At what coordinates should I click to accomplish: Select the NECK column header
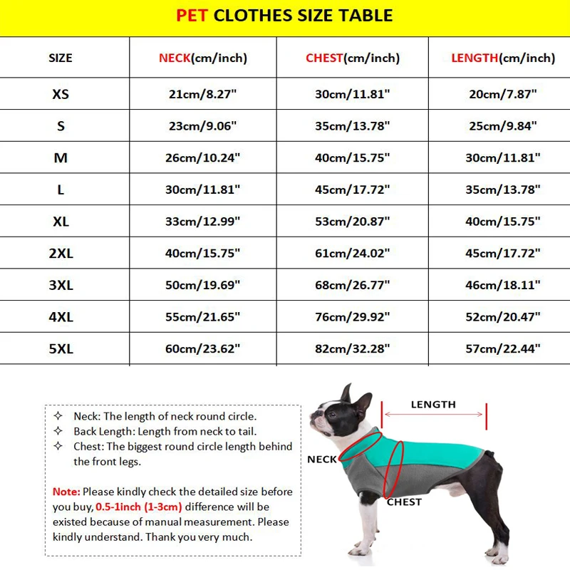(x=203, y=58)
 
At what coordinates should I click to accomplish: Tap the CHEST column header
(x=353, y=58)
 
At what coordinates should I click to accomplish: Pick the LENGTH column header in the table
(x=503, y=58)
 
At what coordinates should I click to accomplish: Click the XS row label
(x=61, y=94)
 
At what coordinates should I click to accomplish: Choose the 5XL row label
(x=61, y=349)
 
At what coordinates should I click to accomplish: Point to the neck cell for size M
(x=203, y=157)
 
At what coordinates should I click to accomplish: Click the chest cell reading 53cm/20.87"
(x=353, y=222)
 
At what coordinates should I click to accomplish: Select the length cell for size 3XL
(x=503, y=285)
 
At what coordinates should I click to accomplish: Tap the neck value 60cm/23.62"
(x=203, y=349)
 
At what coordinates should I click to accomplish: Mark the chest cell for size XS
(x=353, y=94)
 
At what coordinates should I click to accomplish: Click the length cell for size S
(x=503, y=126)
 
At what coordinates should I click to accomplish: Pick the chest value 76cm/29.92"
(x=353, y=317)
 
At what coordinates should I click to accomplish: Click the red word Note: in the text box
(x=67, y=492)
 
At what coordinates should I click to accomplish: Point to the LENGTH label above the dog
(x=433, y=405)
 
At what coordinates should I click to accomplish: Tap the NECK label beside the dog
(x=321, y=460)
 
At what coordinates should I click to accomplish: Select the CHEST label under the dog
(x=404, y=502)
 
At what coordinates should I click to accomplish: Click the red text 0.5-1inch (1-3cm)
(x=138, y=507)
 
